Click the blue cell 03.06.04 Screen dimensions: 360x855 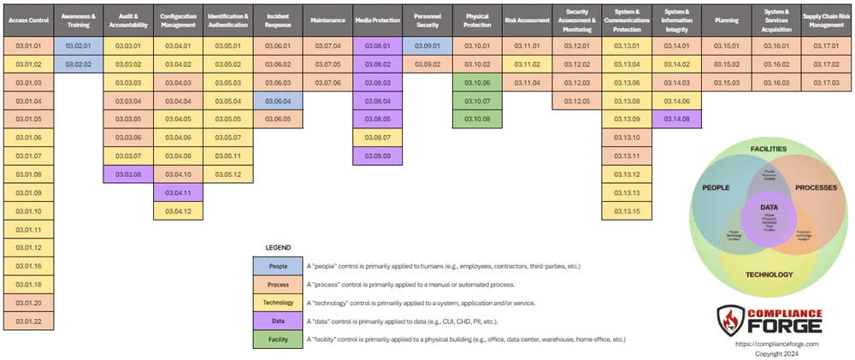[279, 101]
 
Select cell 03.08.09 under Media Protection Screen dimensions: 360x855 [377, 156]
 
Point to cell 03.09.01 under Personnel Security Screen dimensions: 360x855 [427, 45]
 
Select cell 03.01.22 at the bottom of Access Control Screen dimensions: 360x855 [28, 321]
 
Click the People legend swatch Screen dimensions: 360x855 [279, 267]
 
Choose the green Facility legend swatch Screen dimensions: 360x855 [279, 339]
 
